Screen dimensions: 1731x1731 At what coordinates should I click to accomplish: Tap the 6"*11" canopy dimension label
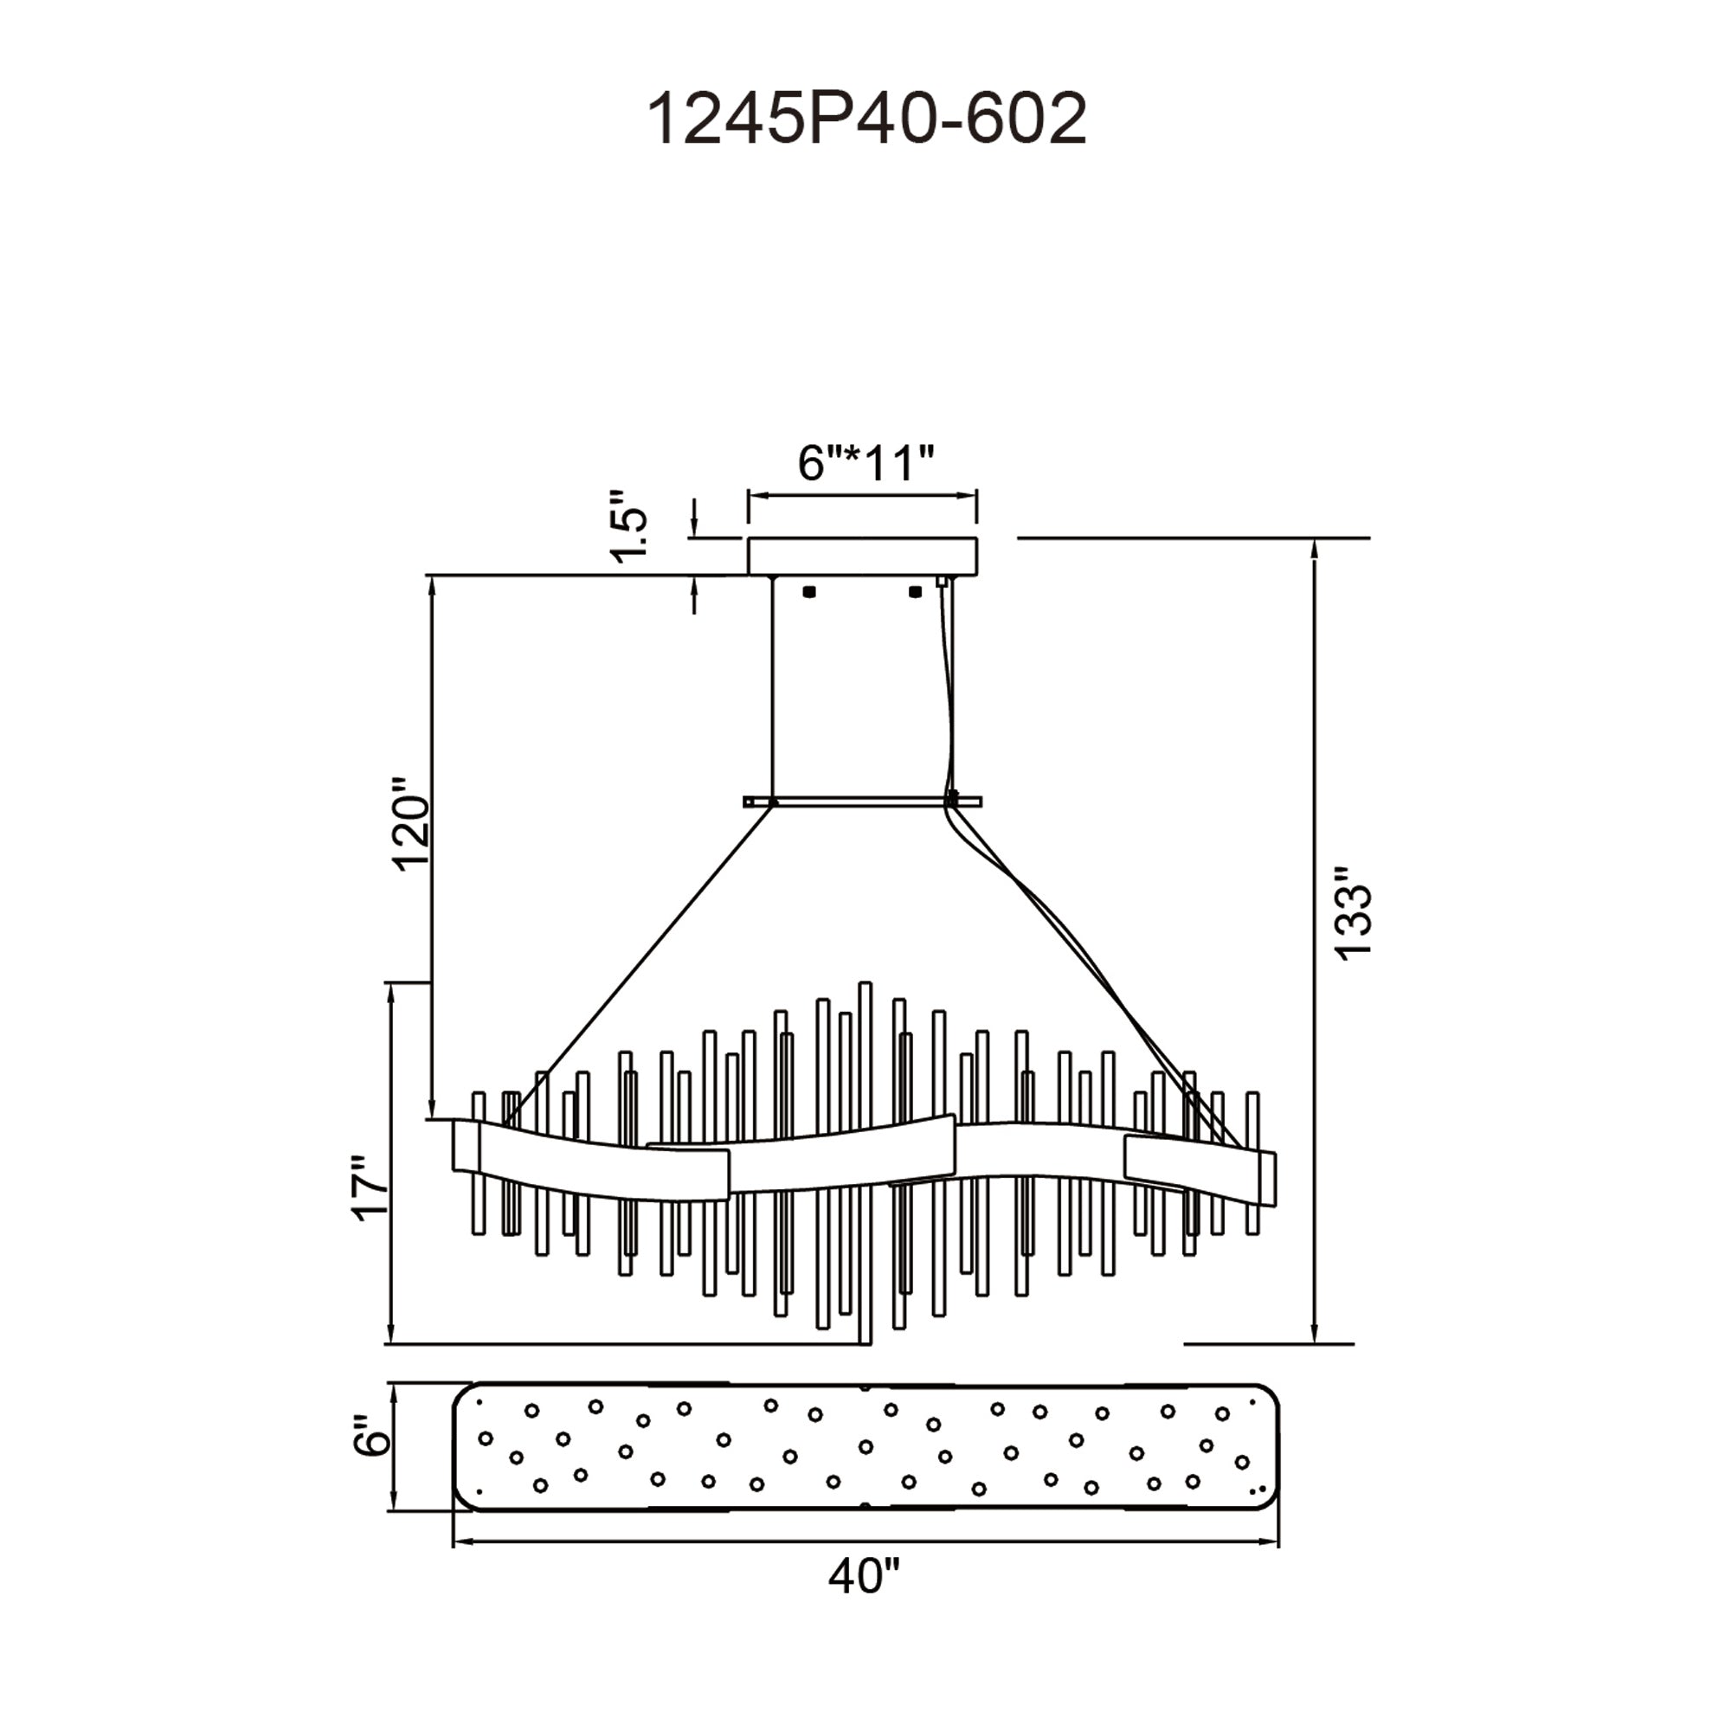(x=865, y=463)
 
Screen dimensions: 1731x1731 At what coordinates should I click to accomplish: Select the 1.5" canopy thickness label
(x=630, y=526)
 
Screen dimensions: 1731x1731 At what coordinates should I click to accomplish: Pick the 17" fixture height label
(x=370, y=1187)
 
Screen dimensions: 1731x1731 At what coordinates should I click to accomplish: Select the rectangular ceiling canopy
(x=863, y=557)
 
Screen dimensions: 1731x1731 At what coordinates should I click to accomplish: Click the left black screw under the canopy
(x=809, y=591)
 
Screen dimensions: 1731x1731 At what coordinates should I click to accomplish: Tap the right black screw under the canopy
(x=915, y=591)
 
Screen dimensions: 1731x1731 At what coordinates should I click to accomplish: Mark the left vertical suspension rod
(x=773, y=690)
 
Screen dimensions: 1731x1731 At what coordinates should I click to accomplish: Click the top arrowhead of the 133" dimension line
(x=1315, y=549)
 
